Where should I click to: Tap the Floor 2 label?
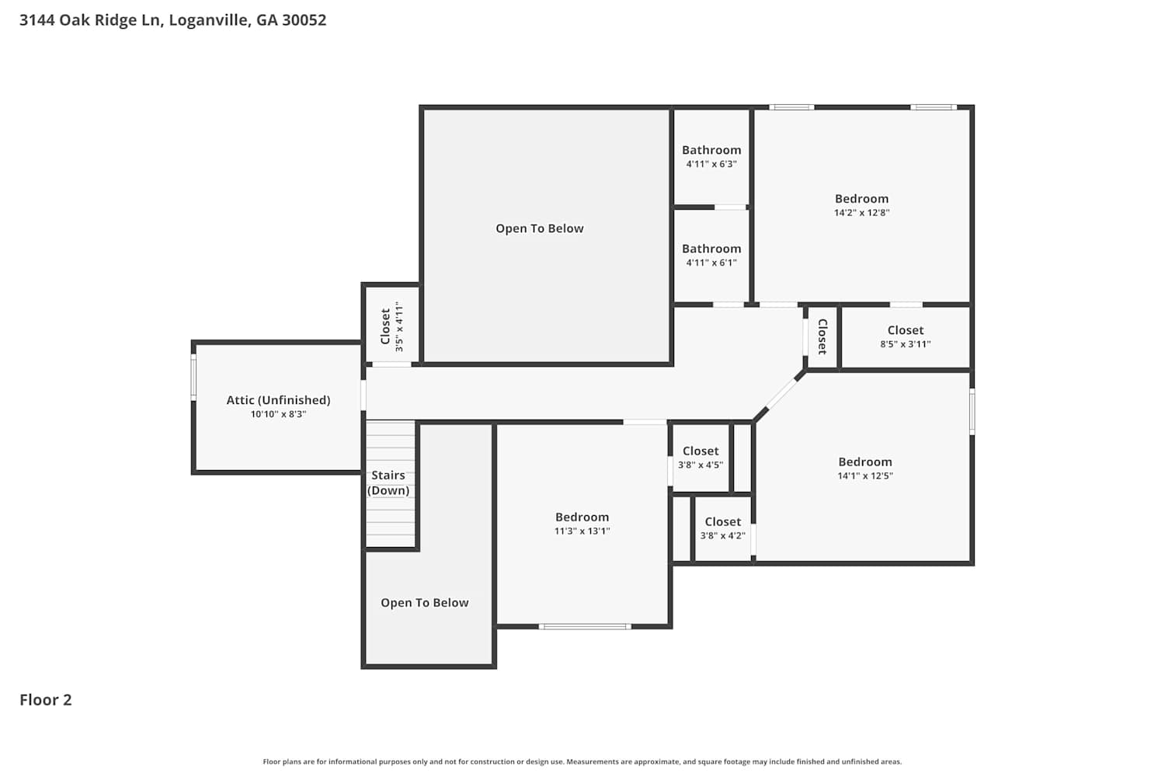[x=46, y=700]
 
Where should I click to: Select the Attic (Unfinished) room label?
[x=278, y=400]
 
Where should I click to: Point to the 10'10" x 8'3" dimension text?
[x=278, y=414]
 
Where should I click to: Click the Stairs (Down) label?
[x=388, y=483]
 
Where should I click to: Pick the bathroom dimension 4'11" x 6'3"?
[x=711, y=164]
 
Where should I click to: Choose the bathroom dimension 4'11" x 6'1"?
[x=711, y=263]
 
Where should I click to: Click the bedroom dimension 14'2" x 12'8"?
[x=862, y=213]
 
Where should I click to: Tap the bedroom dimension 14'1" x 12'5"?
[x=865, y=476]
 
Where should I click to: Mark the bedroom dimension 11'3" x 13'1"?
[x=582, y=531]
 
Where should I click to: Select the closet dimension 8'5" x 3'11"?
[x=906, y=344]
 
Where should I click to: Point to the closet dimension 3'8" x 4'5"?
[x=701, y=465]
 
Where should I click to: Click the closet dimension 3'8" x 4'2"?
[x=723, y=535]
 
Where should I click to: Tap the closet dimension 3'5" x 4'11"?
[x=399, y=326]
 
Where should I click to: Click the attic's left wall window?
[x=193, y=378]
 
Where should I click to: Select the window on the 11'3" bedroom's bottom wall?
[x=585, y=626]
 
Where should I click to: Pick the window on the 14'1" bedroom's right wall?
[x=972, y=411]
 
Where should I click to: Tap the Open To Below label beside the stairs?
[x=424, y=603]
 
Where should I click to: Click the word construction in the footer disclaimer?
[x=496, y=761]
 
